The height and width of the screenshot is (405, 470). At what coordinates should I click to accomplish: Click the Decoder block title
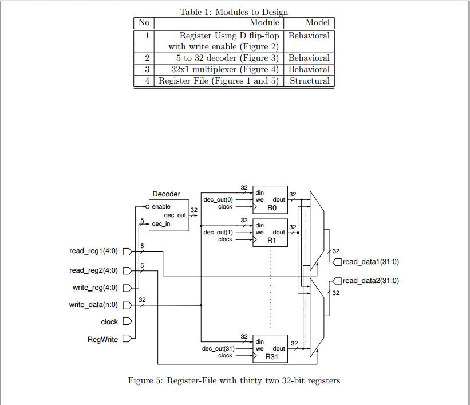(x=166, y=194)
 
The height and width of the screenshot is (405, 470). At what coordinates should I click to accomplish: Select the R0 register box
(x=270, y=200)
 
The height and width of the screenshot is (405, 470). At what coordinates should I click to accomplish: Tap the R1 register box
(x=270, y=233)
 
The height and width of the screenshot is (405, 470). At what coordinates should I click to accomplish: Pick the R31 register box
(x=270, y=349)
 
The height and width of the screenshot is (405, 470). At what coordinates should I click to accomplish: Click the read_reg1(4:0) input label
(x=94, y=251)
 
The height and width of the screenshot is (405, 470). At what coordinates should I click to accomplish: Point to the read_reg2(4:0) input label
(x=94, y=270)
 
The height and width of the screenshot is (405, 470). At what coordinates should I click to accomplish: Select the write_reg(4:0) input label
(x=96, y=288)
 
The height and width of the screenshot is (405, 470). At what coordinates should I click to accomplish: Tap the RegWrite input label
(x=102, y=339)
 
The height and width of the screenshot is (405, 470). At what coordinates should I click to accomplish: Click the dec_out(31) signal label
(x=218, y=348)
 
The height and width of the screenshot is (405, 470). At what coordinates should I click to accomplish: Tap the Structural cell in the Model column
(x=309, y=81)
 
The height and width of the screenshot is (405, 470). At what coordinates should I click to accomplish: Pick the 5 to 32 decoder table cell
(x=227, y=58)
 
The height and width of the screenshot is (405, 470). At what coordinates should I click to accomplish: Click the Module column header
(x=264, y=23)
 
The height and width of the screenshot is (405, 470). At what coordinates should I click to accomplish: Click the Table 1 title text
(x=234, y=11)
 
